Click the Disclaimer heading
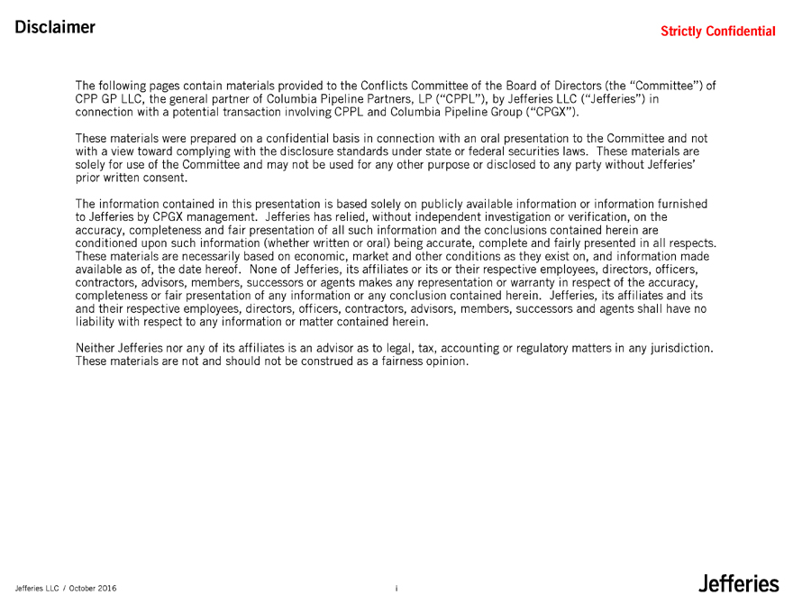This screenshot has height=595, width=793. tap(55, 27)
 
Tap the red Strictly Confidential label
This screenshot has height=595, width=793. tap(717, 32)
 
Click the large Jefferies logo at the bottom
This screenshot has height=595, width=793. tap(737, 584)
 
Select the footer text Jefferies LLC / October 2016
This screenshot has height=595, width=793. tap(64, 589)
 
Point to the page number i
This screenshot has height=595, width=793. tap(396, 589)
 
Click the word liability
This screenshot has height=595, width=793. tap(98, 322)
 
